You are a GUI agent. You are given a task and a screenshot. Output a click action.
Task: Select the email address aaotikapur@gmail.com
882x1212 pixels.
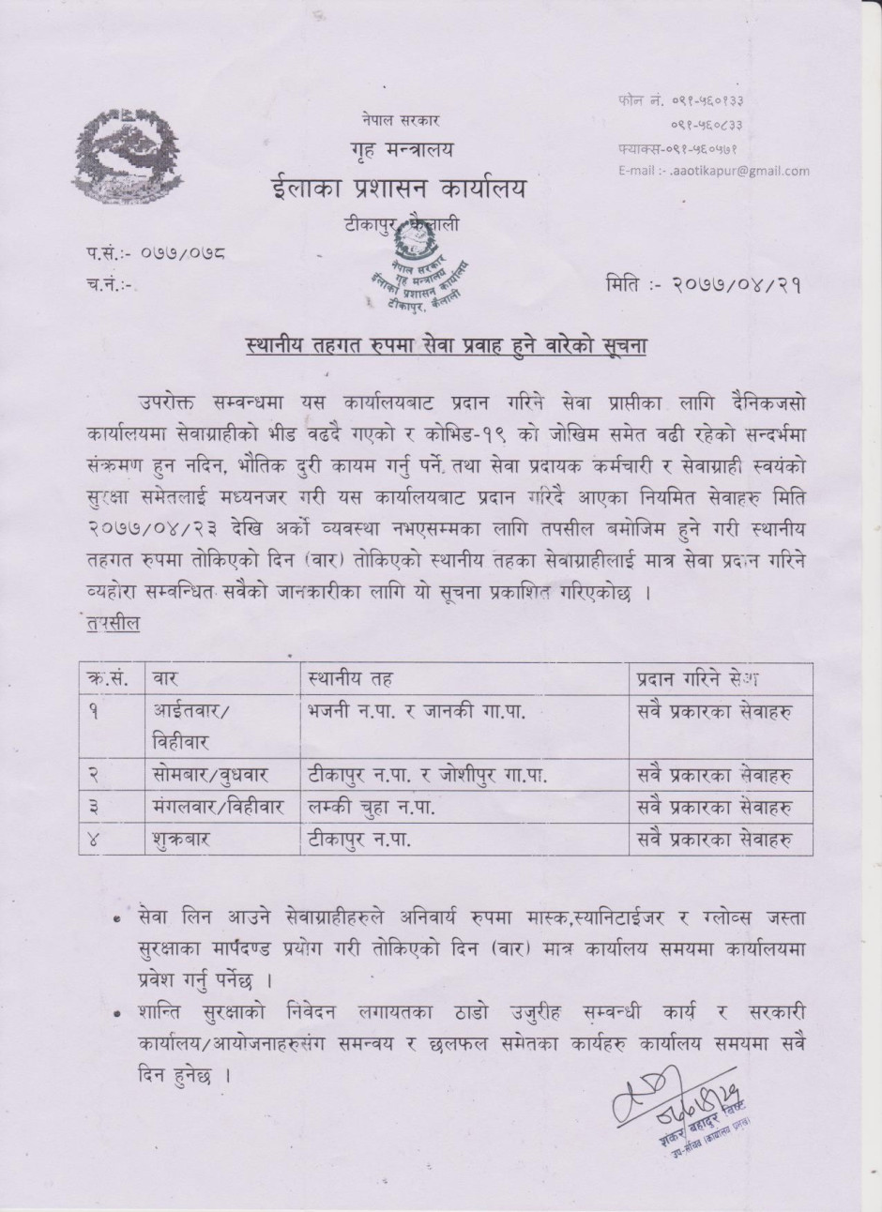pos(713,171)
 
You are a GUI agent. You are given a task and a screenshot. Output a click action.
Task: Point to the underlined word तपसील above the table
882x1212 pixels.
pos(110,626)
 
